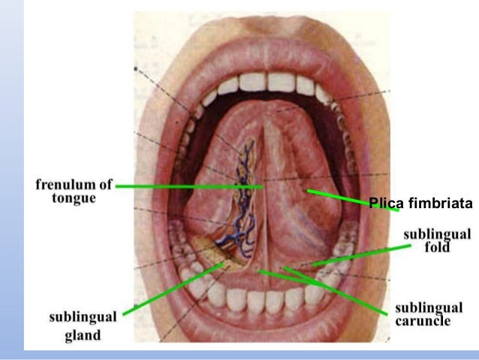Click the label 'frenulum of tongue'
(x=74, y=191)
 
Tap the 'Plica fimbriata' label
(x=420, y=203)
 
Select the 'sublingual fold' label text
(x=436, y=241)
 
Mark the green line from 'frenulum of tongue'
(x=188, y=185)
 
